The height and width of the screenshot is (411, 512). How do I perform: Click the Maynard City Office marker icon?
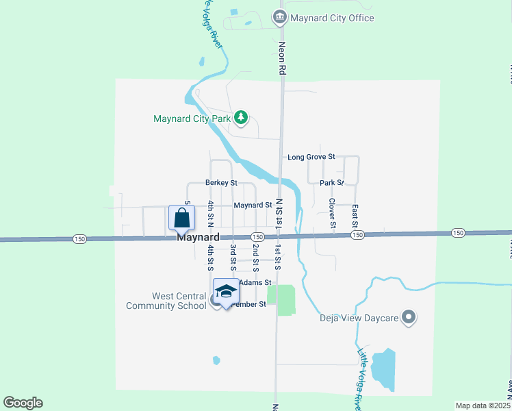pos(279,17)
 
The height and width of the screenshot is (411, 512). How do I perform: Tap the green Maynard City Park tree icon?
pos(241,119)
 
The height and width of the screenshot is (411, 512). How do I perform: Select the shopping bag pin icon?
pos(182,218)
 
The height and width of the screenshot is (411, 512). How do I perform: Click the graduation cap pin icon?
pos(227,292)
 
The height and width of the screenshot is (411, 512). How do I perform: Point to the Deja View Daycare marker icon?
pos(409,317)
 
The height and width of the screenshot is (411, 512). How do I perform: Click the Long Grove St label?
pos(311,157)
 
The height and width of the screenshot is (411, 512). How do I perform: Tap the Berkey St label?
pos(221,183)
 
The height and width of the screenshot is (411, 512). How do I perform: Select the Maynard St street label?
pos(253,205)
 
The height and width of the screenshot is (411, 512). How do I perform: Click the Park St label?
pos(331,183)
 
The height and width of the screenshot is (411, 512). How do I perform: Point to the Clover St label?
pos(332,213)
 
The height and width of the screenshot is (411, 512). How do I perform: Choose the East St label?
pos(355,216)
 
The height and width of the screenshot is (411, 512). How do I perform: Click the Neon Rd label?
pos(281,58)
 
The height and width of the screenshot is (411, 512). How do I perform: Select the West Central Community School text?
pos(166,301)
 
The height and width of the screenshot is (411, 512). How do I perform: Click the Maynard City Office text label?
pos(332,18)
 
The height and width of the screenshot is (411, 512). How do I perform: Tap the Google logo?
pos(23,402)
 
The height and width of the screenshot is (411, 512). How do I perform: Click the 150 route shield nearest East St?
pos(357,235)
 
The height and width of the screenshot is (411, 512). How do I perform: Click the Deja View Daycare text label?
pos(359,317)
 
